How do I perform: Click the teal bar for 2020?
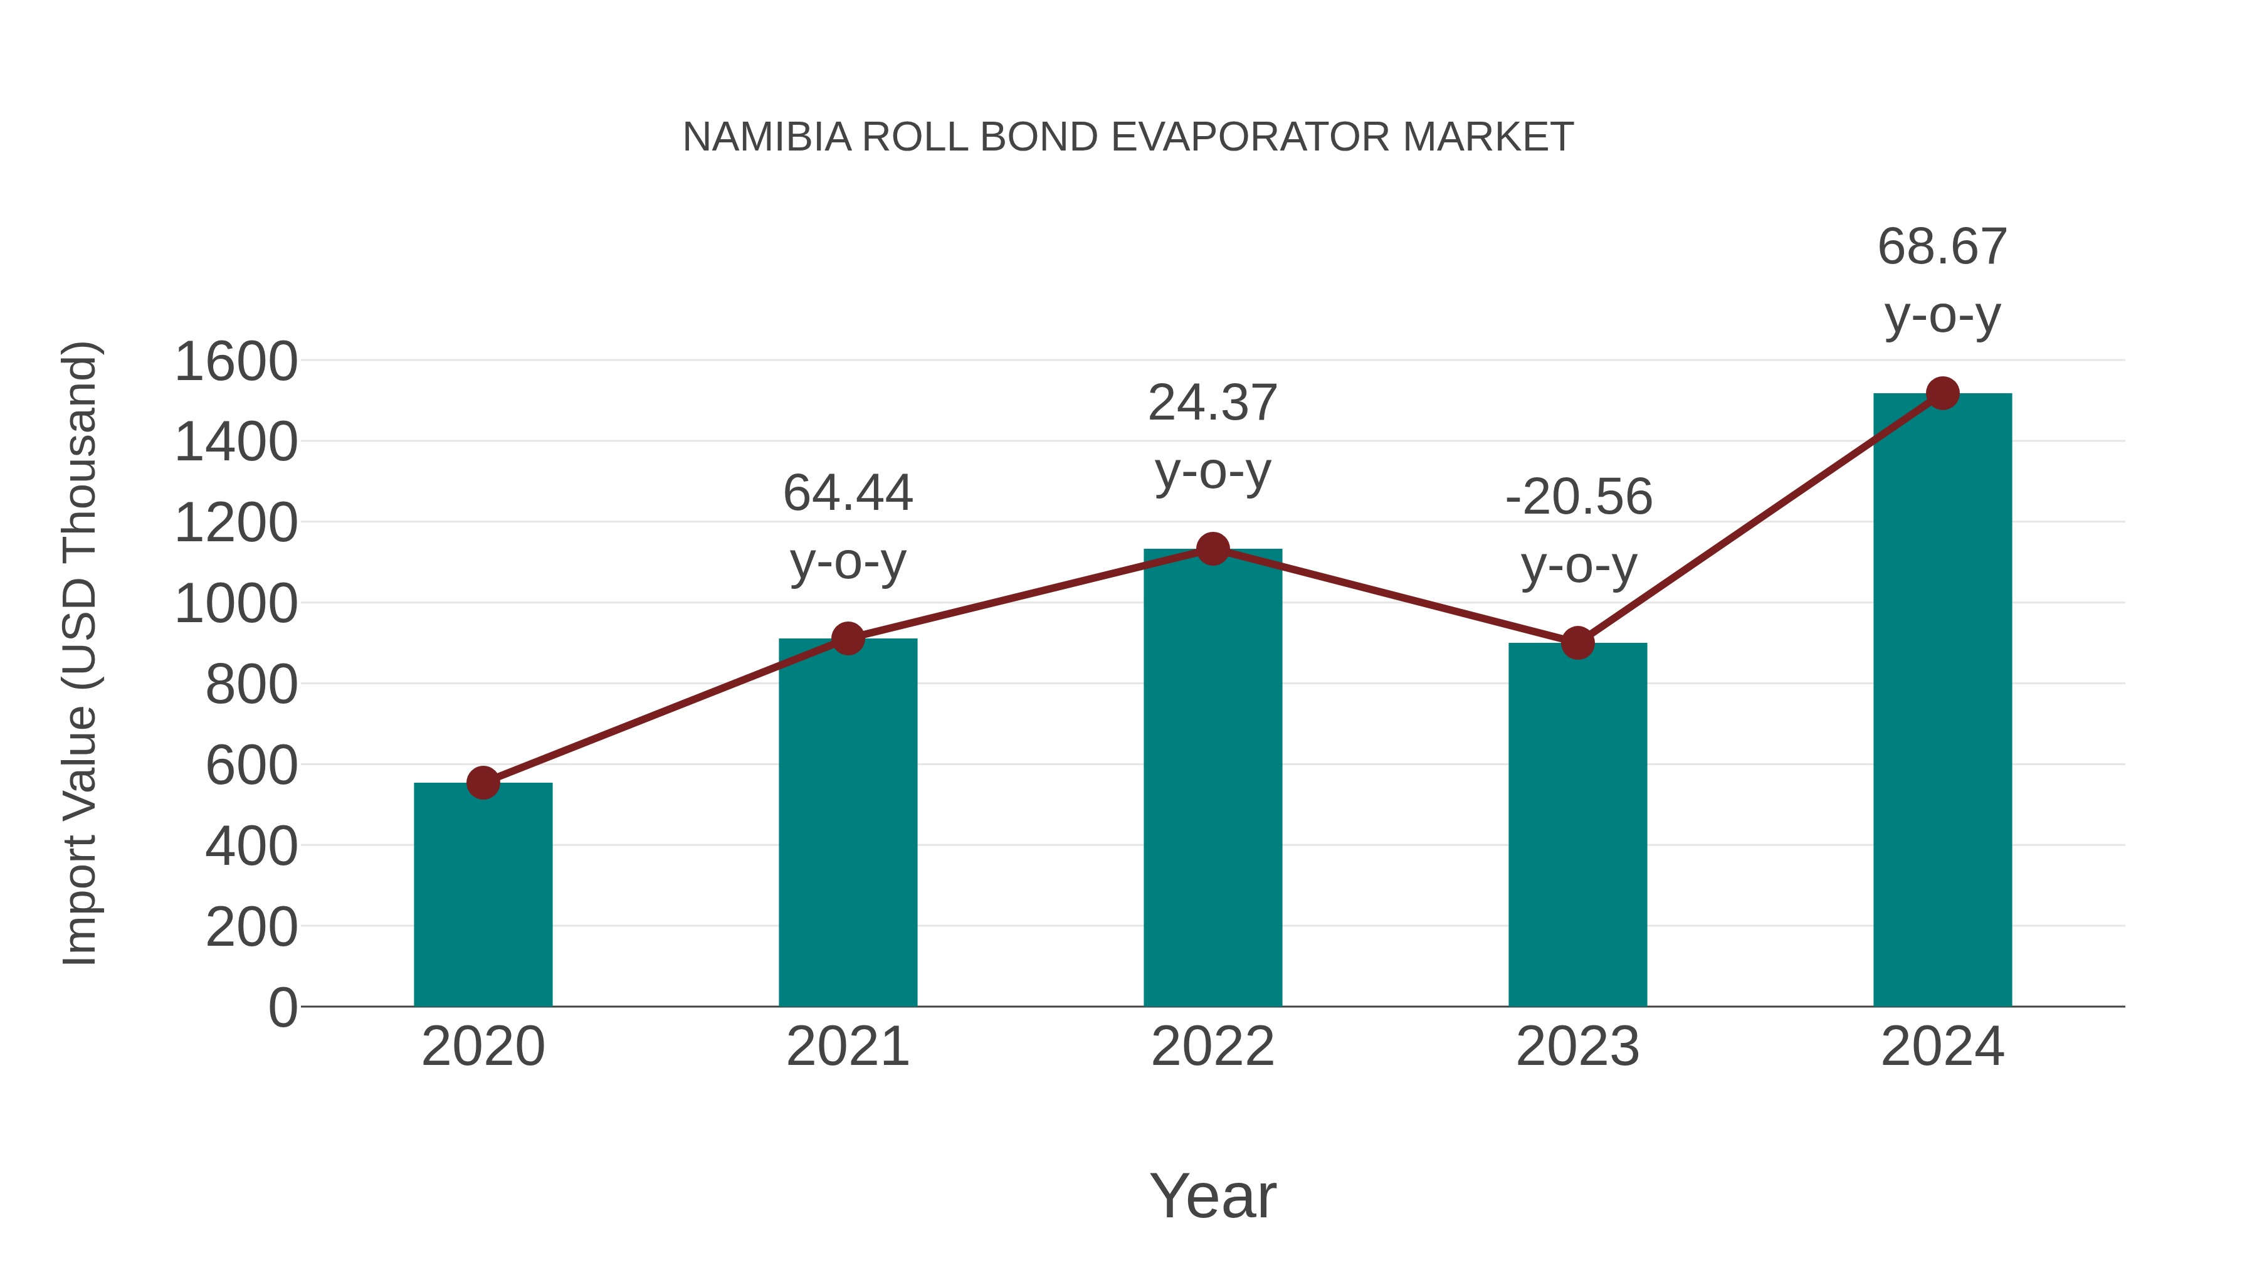[483, 894]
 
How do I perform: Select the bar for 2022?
[1213, 780]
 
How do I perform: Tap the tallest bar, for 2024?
[1942, 701]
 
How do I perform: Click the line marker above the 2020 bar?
[483, 783]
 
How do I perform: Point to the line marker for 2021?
[847, 639]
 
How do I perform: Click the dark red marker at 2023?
[1577, 643]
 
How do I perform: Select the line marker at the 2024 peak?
[1942, 393]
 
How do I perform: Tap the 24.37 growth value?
[1213, 403]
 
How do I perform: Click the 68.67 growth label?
[1942, 247]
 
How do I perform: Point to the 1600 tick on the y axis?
[236, 361]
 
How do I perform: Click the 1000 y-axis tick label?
[236, 604]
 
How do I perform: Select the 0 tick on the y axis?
[282, 1007]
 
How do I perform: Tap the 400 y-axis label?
[251, 847]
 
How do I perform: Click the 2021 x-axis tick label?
[847, 1047]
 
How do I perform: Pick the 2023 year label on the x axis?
[1577, 1047]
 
